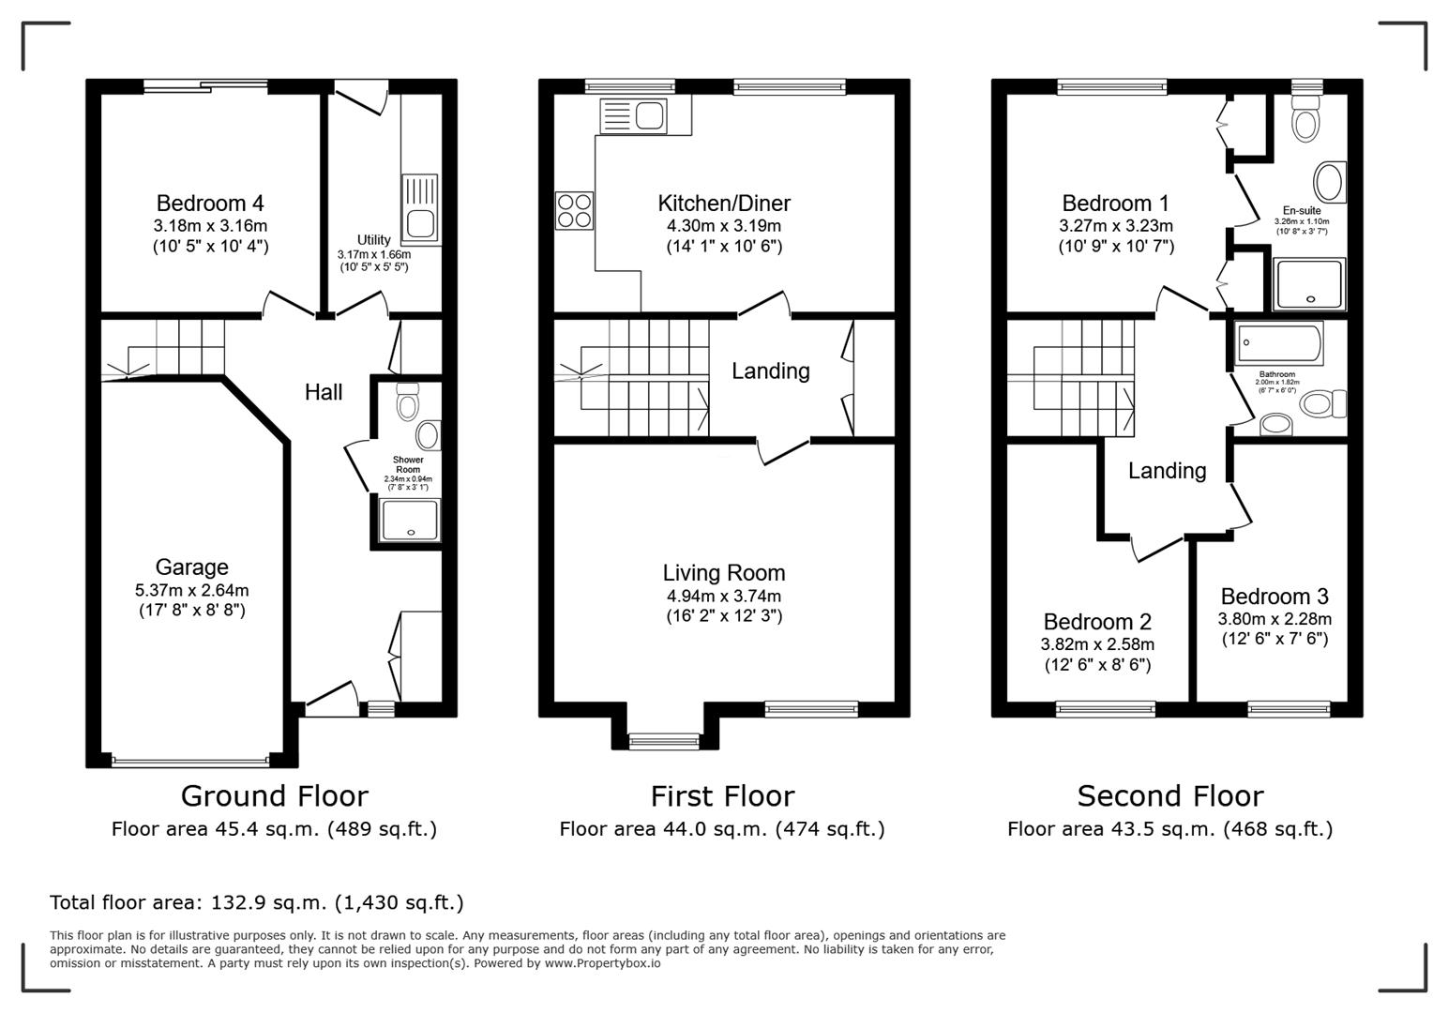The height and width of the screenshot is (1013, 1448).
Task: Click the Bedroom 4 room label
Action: (x=210, y=204)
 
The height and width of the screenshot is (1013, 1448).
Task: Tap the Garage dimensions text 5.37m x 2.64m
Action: (x=191, y=590)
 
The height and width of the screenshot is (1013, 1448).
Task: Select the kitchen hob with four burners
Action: (x=574, y=210)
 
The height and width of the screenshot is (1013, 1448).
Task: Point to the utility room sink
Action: (x=419, y=206)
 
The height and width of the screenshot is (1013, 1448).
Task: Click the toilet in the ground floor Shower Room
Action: (x=407, y=401)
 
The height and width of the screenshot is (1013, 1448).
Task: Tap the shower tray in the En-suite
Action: (x=1310, y=284)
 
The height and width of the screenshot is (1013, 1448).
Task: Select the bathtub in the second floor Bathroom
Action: (x=1279, y=343)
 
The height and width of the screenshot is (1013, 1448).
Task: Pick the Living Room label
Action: (x=723, y=573)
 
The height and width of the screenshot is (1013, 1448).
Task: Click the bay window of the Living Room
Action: (x=664, y=742)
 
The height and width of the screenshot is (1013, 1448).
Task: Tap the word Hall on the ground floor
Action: (x=324, y=392)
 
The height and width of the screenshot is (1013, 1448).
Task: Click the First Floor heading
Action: (x=722, y=796)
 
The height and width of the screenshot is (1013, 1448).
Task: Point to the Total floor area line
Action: (x=256, y=902)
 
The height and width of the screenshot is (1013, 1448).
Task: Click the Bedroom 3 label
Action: (x=1274, y=597)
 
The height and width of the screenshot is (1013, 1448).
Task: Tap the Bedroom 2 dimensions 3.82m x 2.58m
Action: (x=1097, y=644)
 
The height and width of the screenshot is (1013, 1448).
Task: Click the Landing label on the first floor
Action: (x=770, y=371)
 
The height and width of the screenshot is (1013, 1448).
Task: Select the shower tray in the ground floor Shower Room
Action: (x=410, y=521)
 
